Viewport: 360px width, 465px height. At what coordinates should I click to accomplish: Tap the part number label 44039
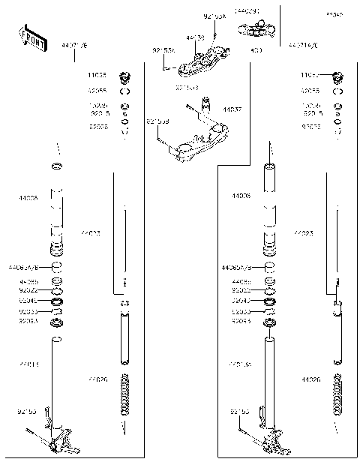[196, 37]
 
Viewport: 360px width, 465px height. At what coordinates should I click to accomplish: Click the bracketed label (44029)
[246, 12]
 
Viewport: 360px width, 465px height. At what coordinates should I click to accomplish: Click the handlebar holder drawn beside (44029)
[255, 29]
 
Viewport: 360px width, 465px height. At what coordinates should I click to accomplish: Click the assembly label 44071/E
[74, 46]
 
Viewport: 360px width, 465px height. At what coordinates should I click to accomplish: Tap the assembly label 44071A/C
[304, 46]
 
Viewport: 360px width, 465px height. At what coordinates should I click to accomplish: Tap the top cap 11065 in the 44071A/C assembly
[337, 76]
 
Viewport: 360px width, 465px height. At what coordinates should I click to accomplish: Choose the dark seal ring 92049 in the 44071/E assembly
[55, 300]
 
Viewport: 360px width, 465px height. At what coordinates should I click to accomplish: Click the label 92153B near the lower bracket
[157, 121]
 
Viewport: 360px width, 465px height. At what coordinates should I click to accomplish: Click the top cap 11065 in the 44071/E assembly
[124, 76]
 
